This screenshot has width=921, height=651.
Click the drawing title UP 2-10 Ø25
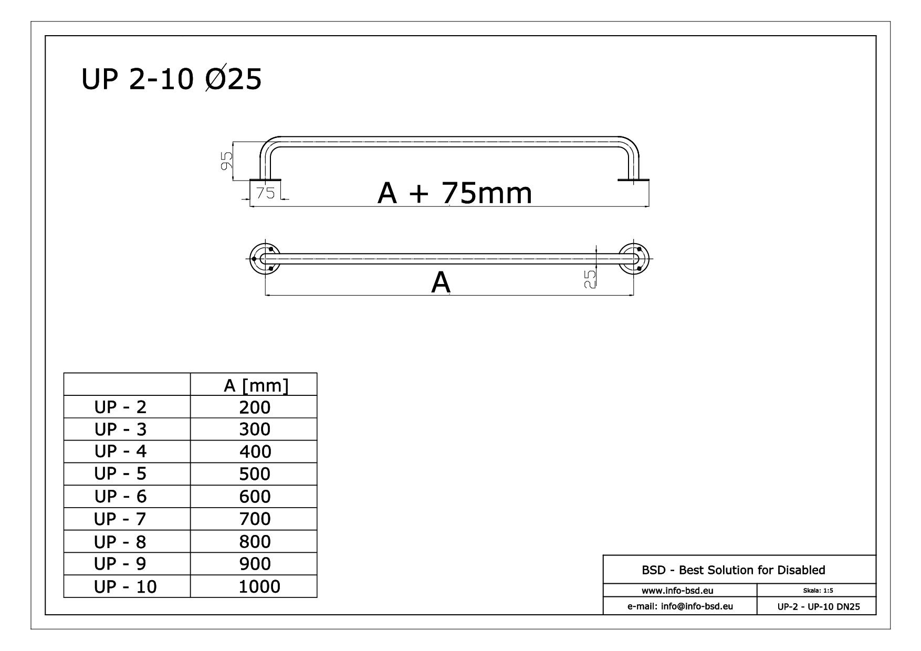coord(171,80)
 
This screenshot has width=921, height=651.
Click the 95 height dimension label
coord(227,160)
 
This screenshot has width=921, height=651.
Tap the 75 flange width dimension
coord(266,193)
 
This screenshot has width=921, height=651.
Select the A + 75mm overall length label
coord(455,193)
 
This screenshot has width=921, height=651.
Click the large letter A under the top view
coord(441,283)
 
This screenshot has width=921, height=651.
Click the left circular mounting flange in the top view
coord(265,259)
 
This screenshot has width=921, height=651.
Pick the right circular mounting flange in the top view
coord(633,259)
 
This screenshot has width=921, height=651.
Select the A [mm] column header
coord(256,386)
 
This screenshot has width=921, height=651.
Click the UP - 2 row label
coord(120,407)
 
